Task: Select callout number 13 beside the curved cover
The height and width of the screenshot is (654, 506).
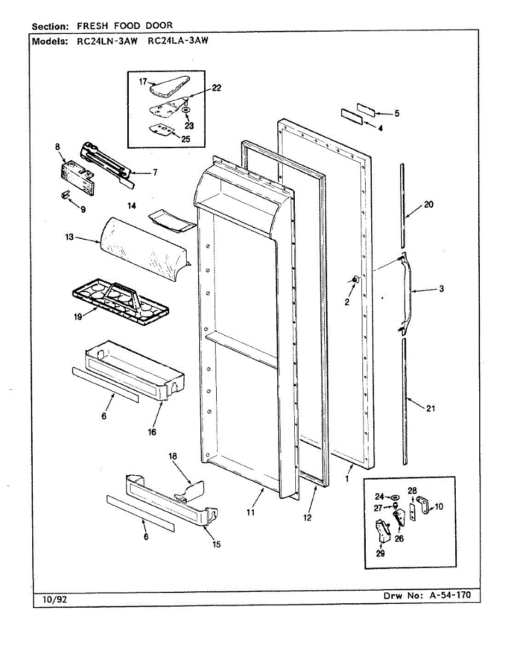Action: (69, 238)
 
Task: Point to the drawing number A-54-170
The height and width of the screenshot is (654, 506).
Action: (448, 596)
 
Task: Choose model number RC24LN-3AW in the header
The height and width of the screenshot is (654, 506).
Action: (106, 41)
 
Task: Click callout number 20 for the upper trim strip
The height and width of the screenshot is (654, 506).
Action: (428, 205)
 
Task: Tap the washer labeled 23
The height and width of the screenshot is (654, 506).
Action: (187, 110)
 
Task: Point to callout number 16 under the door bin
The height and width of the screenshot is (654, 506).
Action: (151, 432)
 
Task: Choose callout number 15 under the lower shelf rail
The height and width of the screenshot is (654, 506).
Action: (217, 543)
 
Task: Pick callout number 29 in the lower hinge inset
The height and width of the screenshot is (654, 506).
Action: (380, 554)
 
